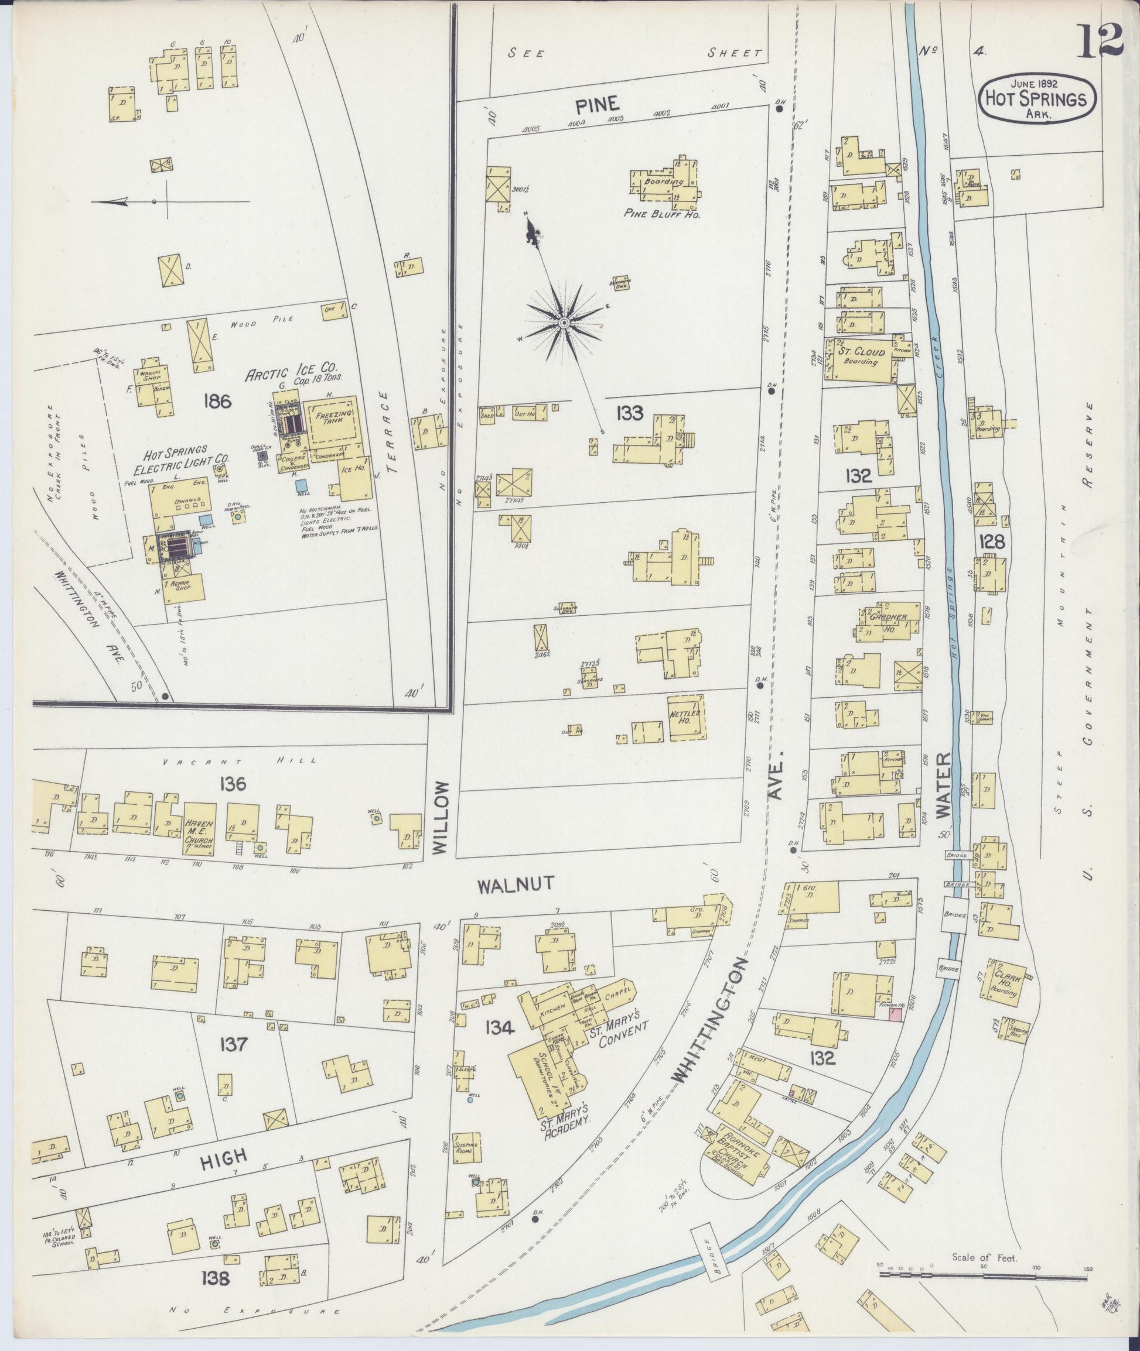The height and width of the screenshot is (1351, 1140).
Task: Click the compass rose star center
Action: [x=564, y=321]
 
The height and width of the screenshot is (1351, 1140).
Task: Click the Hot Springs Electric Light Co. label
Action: [x=170, y=458]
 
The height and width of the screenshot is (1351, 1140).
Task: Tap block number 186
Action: [x=217, y=402]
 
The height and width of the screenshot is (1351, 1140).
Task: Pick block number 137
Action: [x=232, y=1044]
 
